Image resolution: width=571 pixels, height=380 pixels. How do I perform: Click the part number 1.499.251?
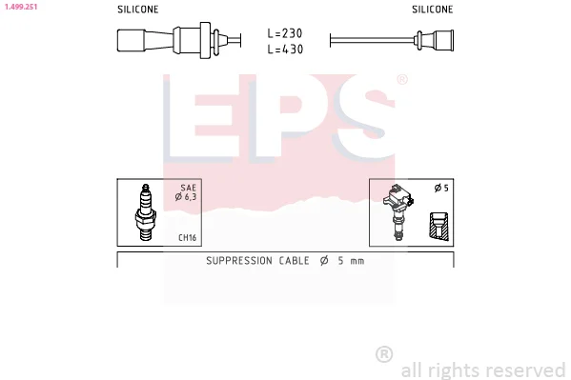tap(21, 7)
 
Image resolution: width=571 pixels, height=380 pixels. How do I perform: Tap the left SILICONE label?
tap(137, 10)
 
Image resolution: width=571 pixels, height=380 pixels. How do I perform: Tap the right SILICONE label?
tap(432, 10)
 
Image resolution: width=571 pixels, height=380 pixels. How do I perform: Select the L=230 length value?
tap(285, 33)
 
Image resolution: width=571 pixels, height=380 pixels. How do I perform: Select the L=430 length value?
tap(285, 50)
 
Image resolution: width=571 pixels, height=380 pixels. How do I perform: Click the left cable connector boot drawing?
tap(178, 40)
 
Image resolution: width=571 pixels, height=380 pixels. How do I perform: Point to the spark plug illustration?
tap(146, 212)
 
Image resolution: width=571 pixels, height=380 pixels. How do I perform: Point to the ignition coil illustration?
tap(398, 212)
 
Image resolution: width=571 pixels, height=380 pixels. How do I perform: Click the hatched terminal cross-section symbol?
tap(438, 226)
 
